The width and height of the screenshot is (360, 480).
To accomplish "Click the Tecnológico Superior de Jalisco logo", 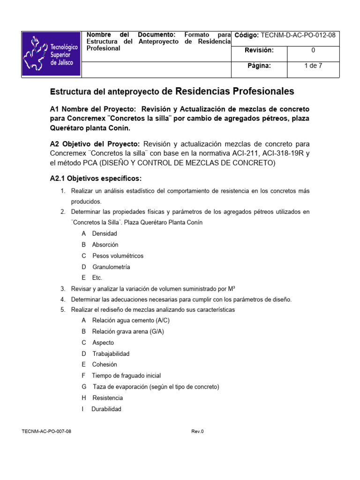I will [52, 54].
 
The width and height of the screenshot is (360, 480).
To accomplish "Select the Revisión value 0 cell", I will [313, 50].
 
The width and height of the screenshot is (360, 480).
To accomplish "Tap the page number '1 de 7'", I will [313, 66].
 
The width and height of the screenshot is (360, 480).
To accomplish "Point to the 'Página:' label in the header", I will [259, 66].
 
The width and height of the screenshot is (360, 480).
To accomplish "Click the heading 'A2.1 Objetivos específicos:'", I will [96, 179].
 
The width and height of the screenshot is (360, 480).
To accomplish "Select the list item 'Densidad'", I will [105, 233].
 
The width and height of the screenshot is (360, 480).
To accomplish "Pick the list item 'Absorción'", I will [105, 245].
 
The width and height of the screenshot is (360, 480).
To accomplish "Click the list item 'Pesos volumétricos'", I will [118, 256].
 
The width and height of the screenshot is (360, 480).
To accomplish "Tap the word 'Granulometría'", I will [111, 267].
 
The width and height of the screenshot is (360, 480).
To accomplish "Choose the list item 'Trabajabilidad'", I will [111, 353].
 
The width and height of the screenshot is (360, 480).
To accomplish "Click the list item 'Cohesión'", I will [105, 364].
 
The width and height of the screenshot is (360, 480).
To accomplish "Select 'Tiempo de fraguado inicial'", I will [126, 375].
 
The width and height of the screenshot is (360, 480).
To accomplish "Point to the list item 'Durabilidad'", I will [106, 409].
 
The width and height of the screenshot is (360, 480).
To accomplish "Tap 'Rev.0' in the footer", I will [197, 431].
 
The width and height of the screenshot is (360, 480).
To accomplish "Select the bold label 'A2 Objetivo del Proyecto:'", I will [95, 143].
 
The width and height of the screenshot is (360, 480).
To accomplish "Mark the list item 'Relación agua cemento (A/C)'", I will [131, 320].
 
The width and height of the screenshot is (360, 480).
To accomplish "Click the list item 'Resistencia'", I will [108, 397].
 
